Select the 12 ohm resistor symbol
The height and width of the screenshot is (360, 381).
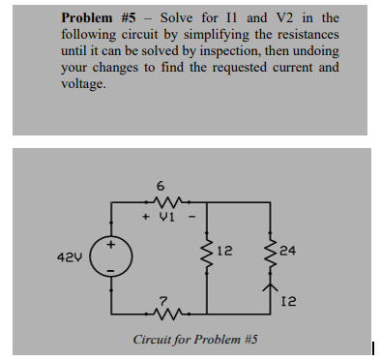click(x=213, y=255)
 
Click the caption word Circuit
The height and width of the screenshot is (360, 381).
click(x=154, y=340)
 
